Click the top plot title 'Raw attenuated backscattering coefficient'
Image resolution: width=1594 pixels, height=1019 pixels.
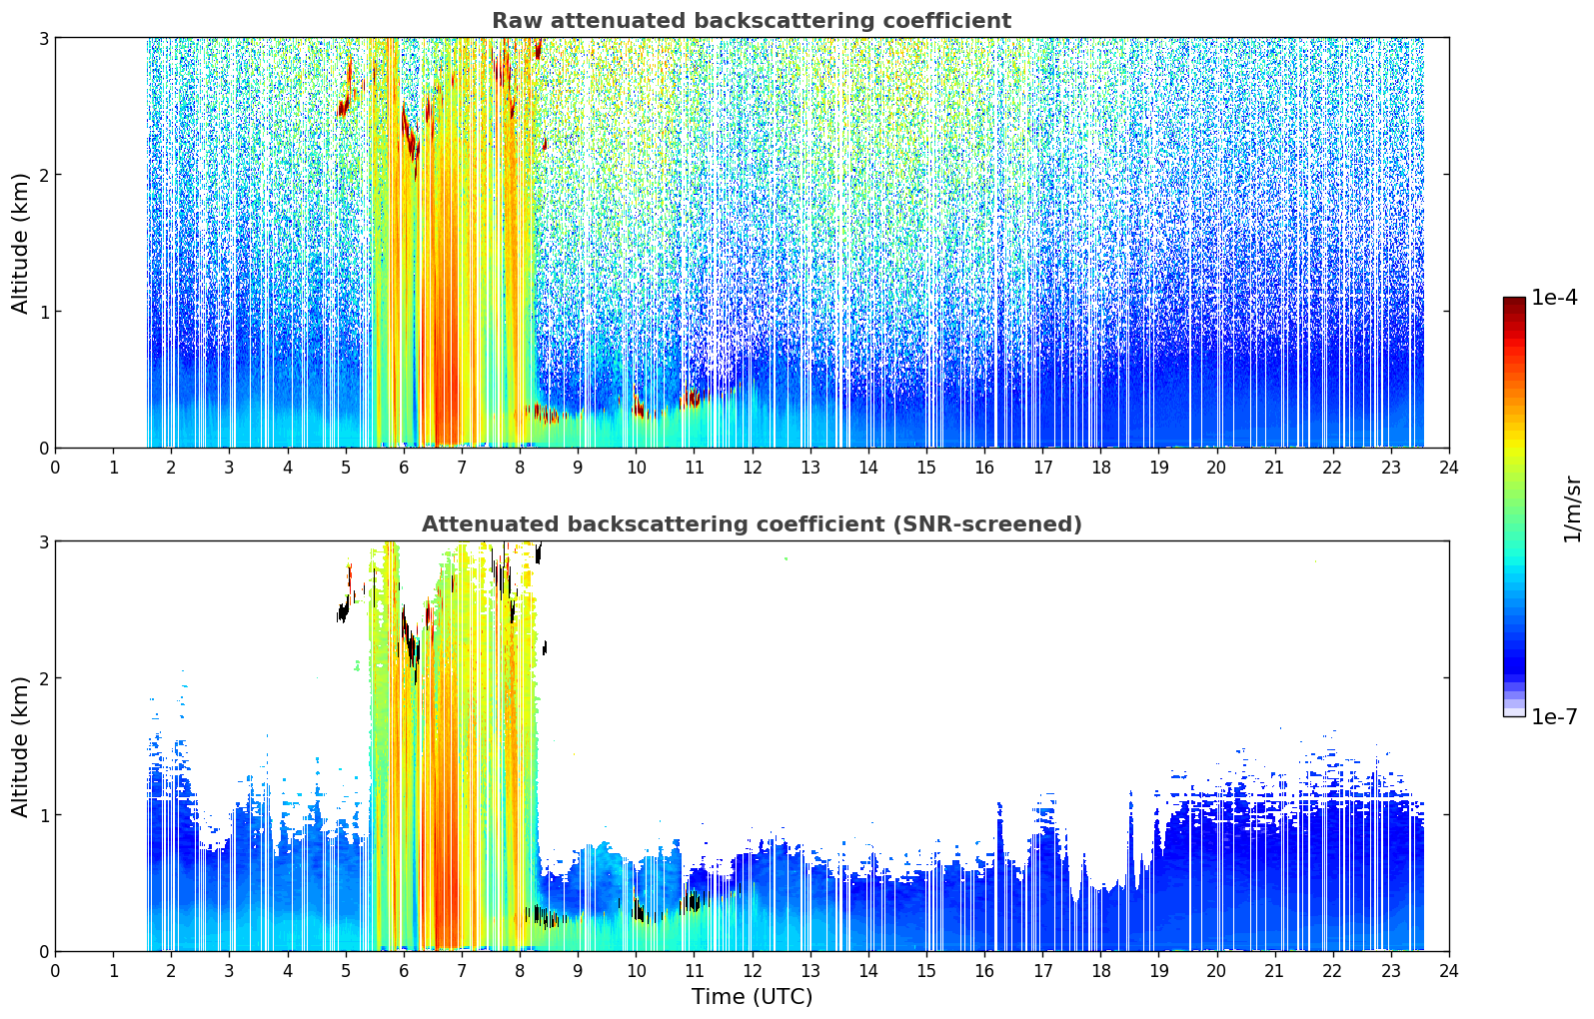click(x=752, y=21)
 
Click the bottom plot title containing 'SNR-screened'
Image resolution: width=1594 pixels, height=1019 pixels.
click(x=752, y=523)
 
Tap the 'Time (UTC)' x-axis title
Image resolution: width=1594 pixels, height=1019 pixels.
click(x=752, y=996)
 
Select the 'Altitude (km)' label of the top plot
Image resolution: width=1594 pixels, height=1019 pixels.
click(x=20, y=243)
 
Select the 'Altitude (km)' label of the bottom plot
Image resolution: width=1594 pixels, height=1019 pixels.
click(x=20, y=746)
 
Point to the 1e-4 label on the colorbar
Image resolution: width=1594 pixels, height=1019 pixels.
click(x=1554, y=298)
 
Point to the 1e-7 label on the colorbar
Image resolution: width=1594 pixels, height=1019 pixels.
click(x=1554, y=716)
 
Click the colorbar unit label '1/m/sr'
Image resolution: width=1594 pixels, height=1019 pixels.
click(x=1572, y=509)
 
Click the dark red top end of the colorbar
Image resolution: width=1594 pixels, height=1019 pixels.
click(x=1514, y=300)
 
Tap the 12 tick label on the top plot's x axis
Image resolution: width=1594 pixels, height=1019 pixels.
click(x=753, y=468)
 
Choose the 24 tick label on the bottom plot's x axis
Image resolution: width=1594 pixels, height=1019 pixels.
click(x=1449, y=971)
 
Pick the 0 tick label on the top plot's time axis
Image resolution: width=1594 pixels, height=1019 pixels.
click(x=56, y=468)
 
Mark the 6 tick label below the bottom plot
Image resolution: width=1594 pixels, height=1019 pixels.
click(x=404, y=971)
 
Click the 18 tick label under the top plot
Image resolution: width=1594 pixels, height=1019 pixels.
click(x=1101, y=468)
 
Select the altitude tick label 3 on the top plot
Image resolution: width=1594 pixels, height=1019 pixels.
click(x=43, y=38)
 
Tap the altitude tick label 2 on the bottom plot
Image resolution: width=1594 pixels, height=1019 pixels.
click(x=43, y=678)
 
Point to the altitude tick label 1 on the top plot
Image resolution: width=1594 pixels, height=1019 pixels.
click(x=43, y=312)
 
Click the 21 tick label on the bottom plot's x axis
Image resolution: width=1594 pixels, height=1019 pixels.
click(x=1274, y=971)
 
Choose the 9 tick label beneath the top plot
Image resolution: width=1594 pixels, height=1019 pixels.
click(x=578, y=468)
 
